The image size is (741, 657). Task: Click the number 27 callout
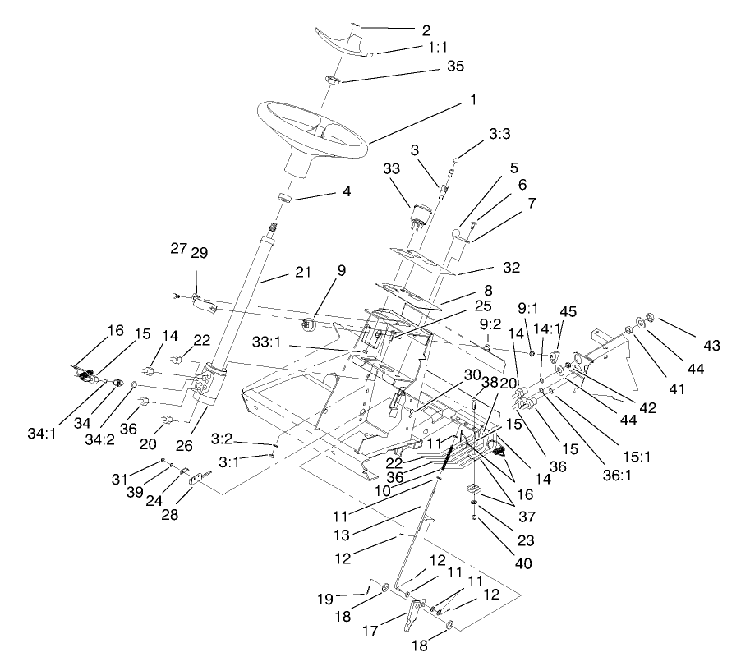coord(179,249)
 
